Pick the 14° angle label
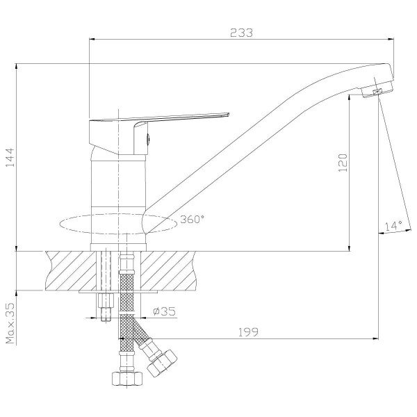coord(393,225)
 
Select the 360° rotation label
coord(192,219)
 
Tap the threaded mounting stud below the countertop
coord(106,306)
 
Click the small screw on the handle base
coord(147,140)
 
